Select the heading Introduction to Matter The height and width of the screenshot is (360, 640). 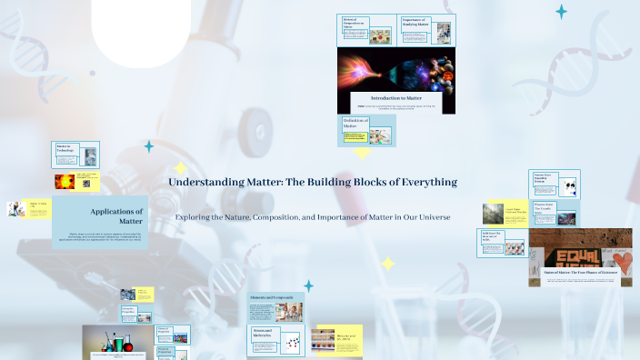[396, 96]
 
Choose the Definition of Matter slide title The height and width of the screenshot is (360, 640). [354, 123]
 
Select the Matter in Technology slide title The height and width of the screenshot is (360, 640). [65, 148]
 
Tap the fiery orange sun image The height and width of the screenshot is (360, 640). [65, 182]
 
